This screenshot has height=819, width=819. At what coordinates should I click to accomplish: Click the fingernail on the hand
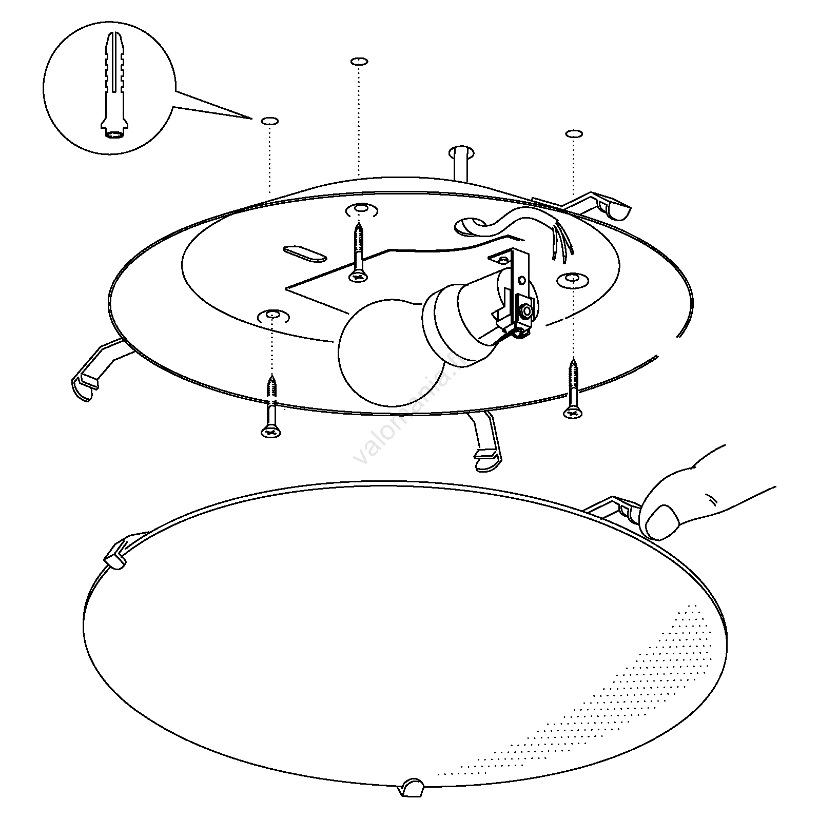coord(661,520)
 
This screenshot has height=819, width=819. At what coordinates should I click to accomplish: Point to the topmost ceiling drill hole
coord(359,62)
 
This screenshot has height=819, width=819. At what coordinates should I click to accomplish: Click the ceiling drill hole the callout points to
coord(270,121)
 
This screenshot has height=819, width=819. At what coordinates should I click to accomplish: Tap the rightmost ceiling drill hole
coord(574,134)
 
